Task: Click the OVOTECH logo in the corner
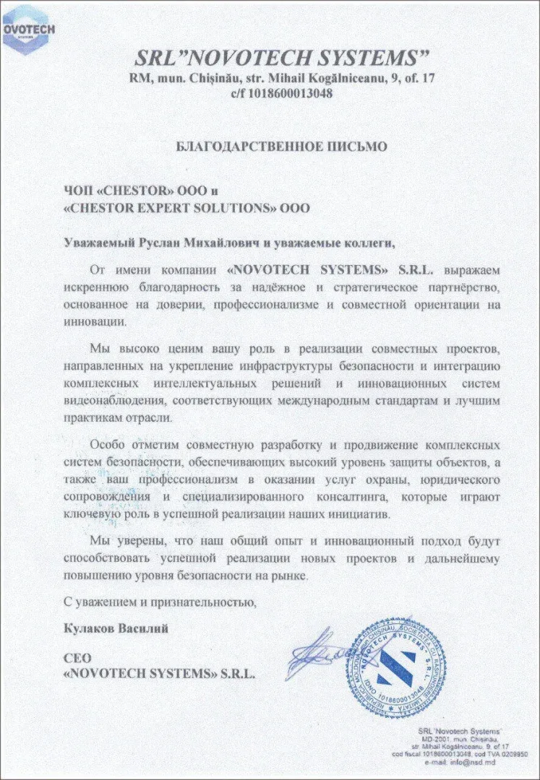click(x=24, y=29)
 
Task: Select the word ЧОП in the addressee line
click(x=77, y=191)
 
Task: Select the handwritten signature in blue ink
click(x=318, y=654)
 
